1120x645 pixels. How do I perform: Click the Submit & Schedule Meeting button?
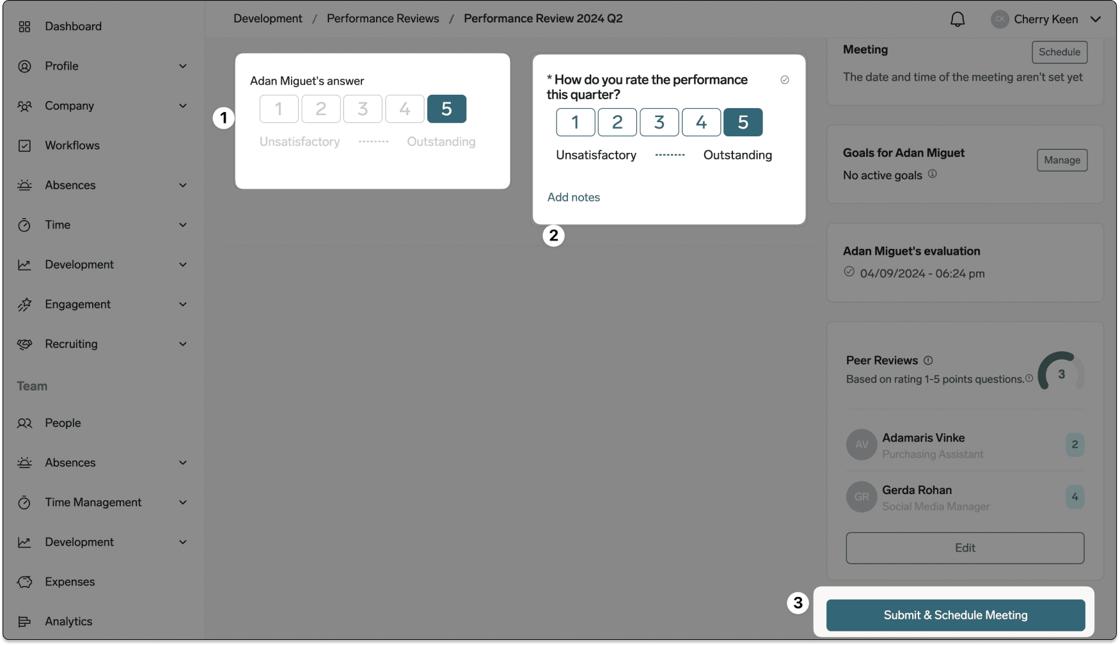956,615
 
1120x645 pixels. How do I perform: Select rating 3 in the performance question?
659,122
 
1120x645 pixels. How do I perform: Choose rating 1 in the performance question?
575,122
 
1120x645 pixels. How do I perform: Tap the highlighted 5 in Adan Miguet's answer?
446,109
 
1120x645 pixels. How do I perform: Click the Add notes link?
574,197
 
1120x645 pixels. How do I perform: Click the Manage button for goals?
1062,160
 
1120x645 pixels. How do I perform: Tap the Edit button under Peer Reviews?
965,548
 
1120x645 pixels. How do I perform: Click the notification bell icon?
958,19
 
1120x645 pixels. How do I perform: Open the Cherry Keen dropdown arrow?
1096,19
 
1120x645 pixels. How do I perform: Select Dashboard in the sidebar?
73,26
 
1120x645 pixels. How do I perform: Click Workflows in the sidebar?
72,145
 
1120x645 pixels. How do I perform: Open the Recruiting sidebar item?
71,344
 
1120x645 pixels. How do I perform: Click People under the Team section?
63,423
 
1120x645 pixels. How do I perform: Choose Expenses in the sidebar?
70,582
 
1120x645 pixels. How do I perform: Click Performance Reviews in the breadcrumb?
383,19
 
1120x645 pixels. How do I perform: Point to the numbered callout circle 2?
553,235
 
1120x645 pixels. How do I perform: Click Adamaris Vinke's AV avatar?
862,445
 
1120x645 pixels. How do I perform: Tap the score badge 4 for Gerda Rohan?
1075,497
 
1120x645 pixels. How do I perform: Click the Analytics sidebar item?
68,621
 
